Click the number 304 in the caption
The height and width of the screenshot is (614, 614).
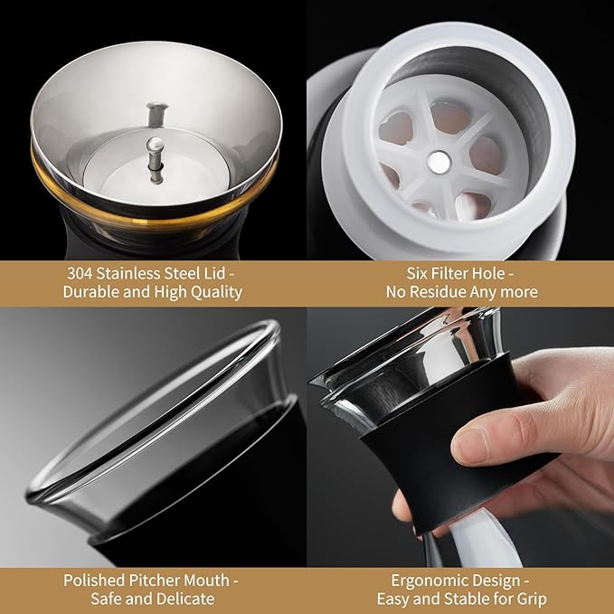point(80,273)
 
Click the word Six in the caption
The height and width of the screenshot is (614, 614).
point(416,273)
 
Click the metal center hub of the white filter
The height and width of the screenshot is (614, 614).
point(439,162)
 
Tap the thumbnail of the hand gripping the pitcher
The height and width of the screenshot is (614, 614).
point(460,437)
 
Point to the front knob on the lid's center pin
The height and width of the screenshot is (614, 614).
point(155,144)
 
